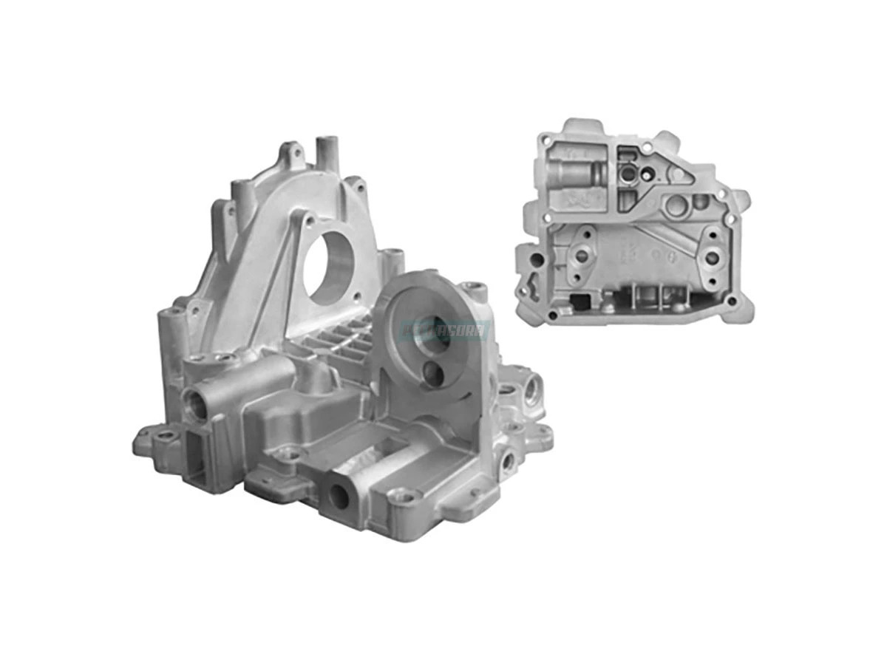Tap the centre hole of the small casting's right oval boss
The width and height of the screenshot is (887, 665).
tap(712, 259)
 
